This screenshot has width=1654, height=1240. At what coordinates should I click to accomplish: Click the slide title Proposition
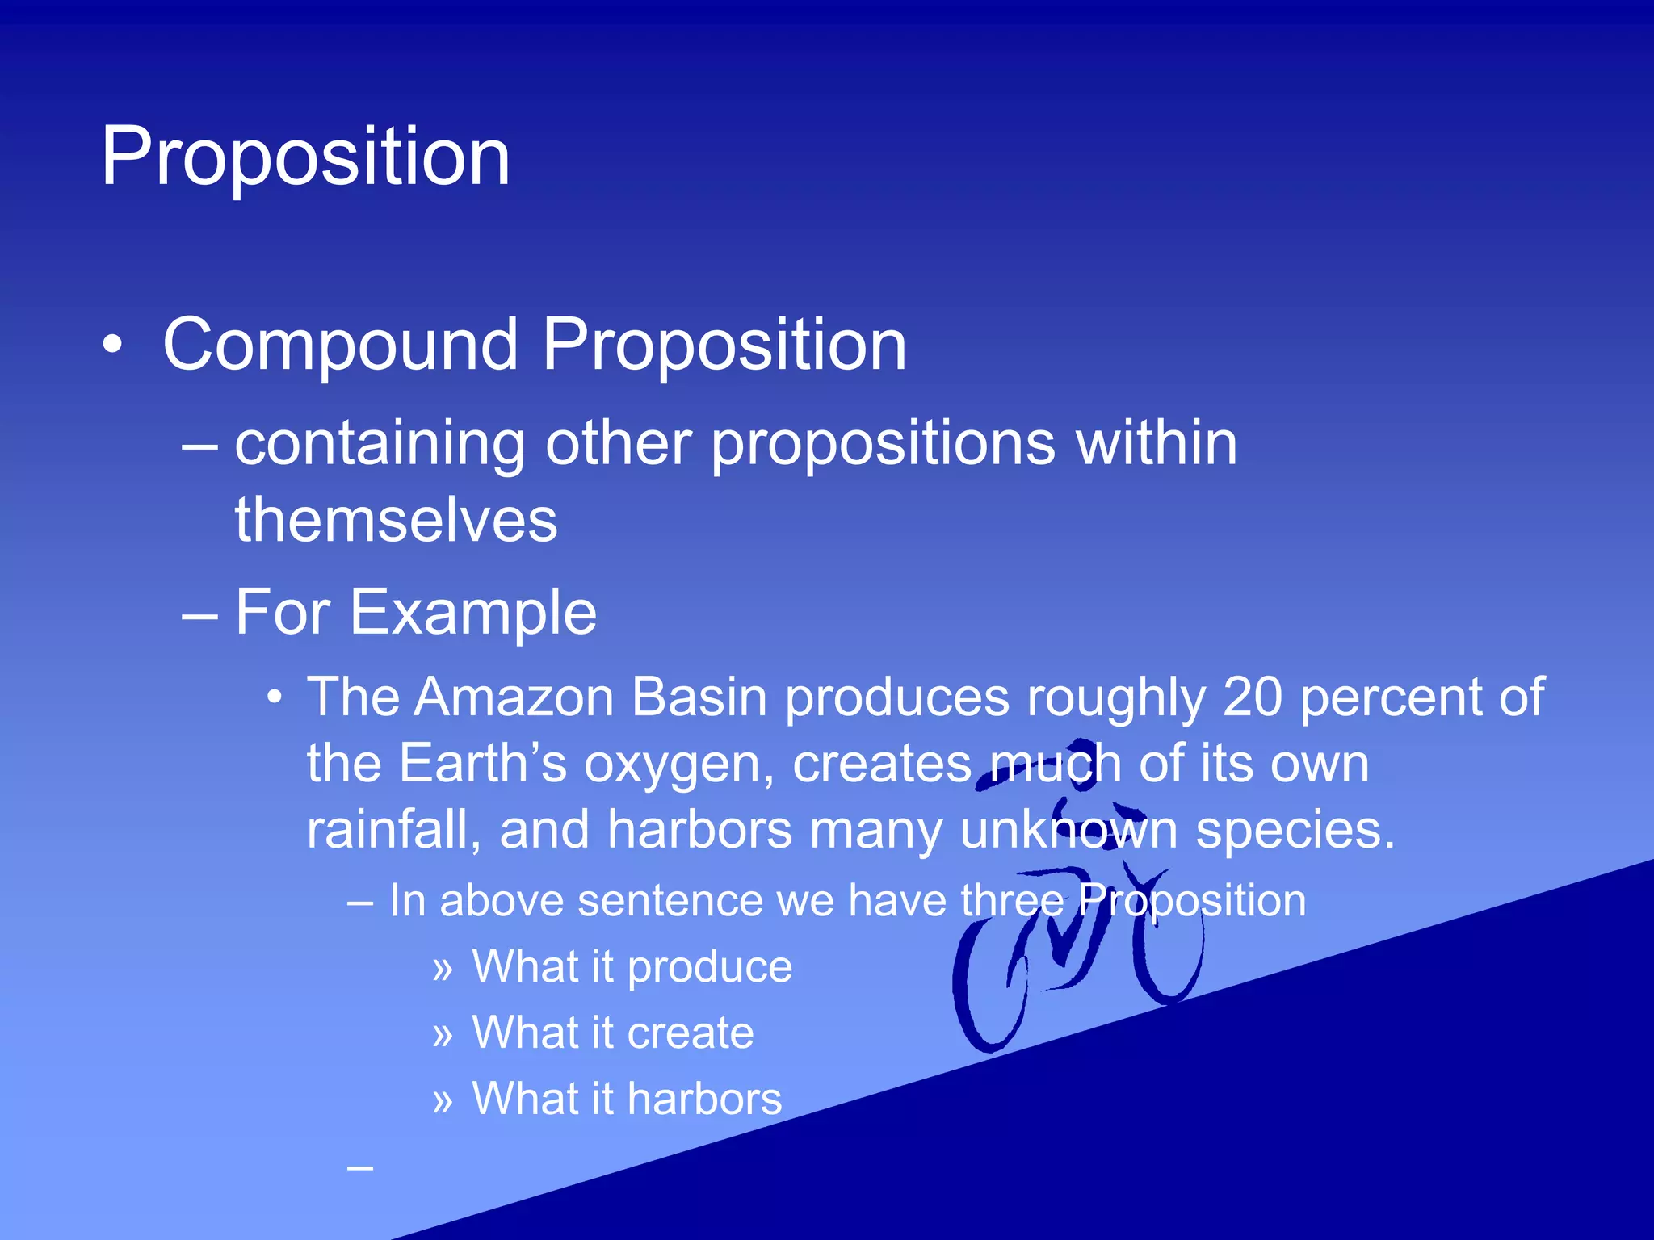click(x=305, y=157)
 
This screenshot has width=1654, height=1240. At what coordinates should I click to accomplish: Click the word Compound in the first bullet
click(x=340, y=346)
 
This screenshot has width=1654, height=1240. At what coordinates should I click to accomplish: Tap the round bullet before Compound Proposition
click(x=114, y=346)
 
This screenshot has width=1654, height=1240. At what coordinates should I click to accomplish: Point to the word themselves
click(x=396, y=521)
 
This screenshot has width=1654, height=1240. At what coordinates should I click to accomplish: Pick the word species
click(x=1295, y=832)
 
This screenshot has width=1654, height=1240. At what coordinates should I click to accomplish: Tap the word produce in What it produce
click(x=710, y=967)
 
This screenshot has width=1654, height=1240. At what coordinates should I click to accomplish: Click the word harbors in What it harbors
click(x=704, y=1100)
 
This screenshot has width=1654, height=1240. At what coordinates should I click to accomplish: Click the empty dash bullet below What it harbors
click(x=360, y=1167)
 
